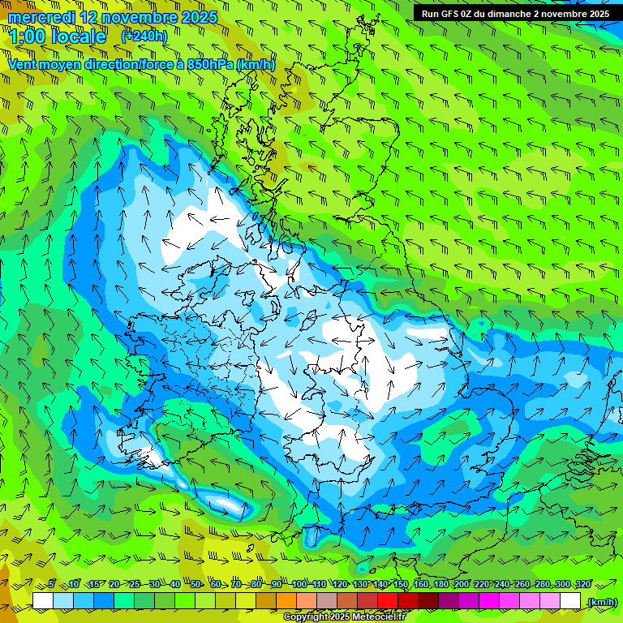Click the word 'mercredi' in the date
coord(41,17)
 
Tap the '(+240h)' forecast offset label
coord(144,36)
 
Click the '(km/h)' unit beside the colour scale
coord(601,602)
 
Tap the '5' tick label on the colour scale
coord(51,584)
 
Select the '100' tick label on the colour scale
coord(299,584)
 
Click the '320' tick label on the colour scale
coord(582,584)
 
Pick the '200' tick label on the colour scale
coord(461,584)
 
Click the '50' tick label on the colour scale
coord(195,584)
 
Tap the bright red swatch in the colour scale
coord(388,601)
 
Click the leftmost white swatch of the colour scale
coord(43,601)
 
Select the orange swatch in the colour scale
coord(286,601)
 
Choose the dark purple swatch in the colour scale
coord(449,601)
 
